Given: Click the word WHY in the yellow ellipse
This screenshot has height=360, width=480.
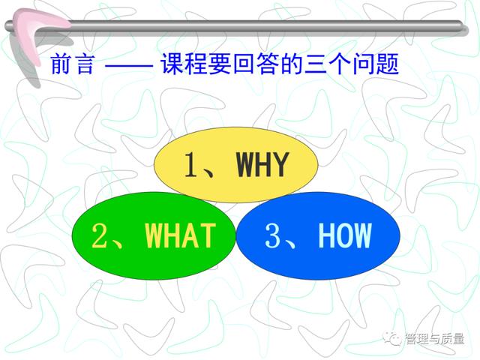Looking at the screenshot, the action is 262,164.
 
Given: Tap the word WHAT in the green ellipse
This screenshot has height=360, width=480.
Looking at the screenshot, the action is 180,235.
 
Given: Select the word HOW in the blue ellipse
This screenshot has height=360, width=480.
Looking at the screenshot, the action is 345,235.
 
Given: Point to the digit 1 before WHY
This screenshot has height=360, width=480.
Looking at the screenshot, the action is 191,164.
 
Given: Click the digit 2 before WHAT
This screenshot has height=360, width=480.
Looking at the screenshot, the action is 100,235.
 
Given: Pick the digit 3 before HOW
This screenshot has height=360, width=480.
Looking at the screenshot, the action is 273,235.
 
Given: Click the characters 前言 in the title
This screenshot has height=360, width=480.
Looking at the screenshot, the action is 72,64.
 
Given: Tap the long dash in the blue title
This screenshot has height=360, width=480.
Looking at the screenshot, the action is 128,64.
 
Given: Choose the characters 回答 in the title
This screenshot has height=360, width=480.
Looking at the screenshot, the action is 256,64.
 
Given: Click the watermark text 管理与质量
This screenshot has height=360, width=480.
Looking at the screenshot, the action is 434,339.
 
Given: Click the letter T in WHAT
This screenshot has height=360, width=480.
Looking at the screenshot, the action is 208,235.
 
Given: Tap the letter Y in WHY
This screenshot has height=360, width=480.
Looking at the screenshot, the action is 280,164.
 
